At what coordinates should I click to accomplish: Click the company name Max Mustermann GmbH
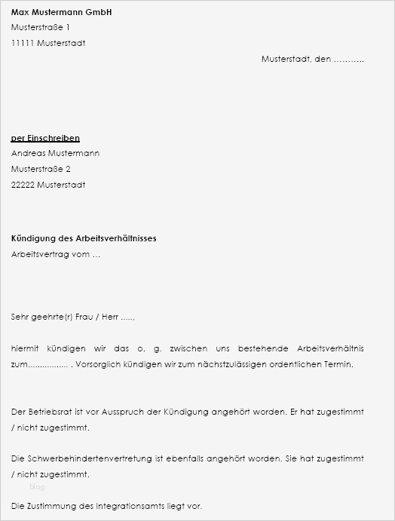[62, 12]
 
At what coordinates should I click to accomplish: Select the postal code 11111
[23, 43]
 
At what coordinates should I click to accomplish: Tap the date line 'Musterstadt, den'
[296, 59]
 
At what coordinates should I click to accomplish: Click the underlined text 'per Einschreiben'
[45, 138]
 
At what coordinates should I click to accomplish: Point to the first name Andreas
[28, 153]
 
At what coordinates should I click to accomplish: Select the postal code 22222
[23, 185]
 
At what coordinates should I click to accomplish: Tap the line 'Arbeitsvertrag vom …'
[55, 254]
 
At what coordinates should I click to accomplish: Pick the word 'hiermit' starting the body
[25, 348]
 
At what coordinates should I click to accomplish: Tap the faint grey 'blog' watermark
[37, 487]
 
